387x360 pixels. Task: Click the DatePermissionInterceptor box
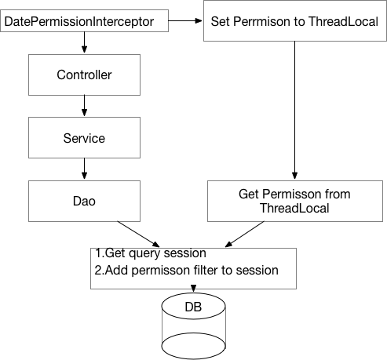[x=84, y=20]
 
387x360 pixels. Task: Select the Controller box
[x=84, y=75]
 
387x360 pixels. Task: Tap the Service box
[x=84, y=137]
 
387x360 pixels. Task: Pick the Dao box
[x=84, y=200]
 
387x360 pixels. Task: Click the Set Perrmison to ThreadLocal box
[x=294, y=20]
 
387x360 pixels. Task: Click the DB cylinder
[x=193, y=324]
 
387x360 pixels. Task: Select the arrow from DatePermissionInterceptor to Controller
[x=84, y=43]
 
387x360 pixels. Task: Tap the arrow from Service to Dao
[x=84, y=168]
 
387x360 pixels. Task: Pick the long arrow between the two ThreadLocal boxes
[x=294, y=110]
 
